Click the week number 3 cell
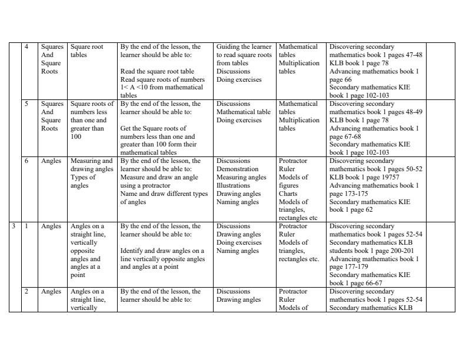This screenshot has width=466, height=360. pos(15,226)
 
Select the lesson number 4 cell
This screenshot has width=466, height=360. pos(26,47)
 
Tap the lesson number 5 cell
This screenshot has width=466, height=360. pos(26,104)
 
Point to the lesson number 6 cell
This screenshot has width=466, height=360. pos(26,161)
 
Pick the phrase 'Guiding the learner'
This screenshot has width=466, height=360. pos(244,47)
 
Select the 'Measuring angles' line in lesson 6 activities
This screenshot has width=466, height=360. pos(241,178)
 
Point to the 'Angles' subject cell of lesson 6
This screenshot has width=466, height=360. pos(51,161)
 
